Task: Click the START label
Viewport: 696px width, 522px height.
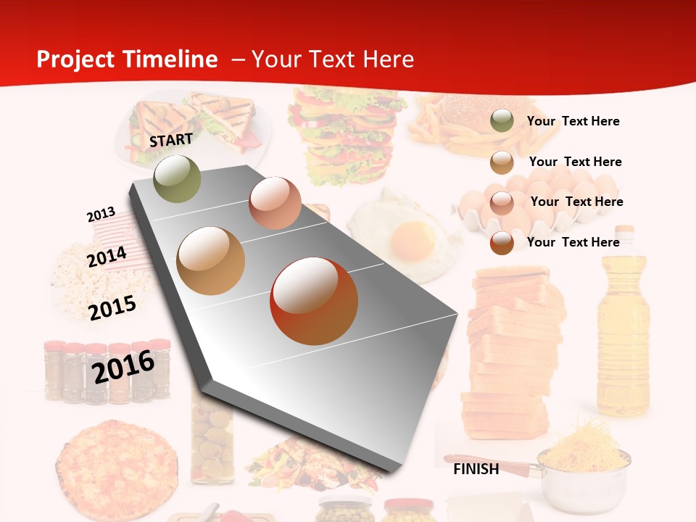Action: (x=171, y=139)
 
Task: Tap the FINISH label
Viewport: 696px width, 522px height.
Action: (x=476, y=469)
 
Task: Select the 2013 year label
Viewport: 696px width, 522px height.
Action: (x=101, y=215)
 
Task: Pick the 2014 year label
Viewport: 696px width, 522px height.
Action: (x=107, y=257)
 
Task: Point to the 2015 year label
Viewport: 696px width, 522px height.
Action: (x=112, y=307)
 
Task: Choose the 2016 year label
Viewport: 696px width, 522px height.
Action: (x=123, y=366)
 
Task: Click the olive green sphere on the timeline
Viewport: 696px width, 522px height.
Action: (x=178, y=178)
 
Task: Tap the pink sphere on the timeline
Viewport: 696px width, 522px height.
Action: (x=275, y=202)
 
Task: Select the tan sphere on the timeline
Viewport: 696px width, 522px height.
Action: (x=211, y=261)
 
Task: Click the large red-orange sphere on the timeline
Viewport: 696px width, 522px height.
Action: (x=314, y=301)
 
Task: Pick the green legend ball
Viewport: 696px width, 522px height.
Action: (x=502, y=121)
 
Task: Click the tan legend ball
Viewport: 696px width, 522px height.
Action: (x=502, y=162)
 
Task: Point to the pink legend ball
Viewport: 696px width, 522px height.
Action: (x=502, y=202)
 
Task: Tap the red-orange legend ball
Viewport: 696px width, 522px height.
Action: (x=502, y=242)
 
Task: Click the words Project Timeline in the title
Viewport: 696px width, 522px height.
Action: (x=127, y=59)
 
